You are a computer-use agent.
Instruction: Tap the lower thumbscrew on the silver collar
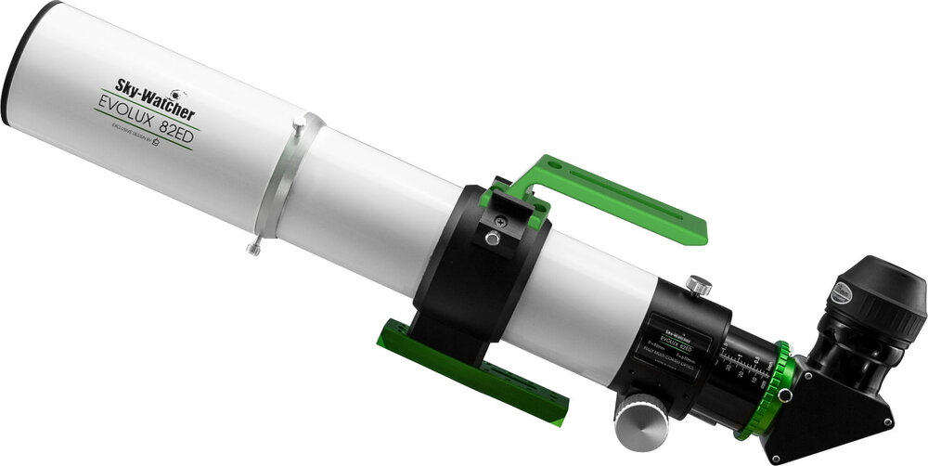[x=254, y=248]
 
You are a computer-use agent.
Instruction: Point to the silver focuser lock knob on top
[x=699, y=285]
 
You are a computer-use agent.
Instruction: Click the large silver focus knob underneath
[x=641, y=421]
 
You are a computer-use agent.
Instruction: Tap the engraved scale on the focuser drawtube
[x=742, y=364]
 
